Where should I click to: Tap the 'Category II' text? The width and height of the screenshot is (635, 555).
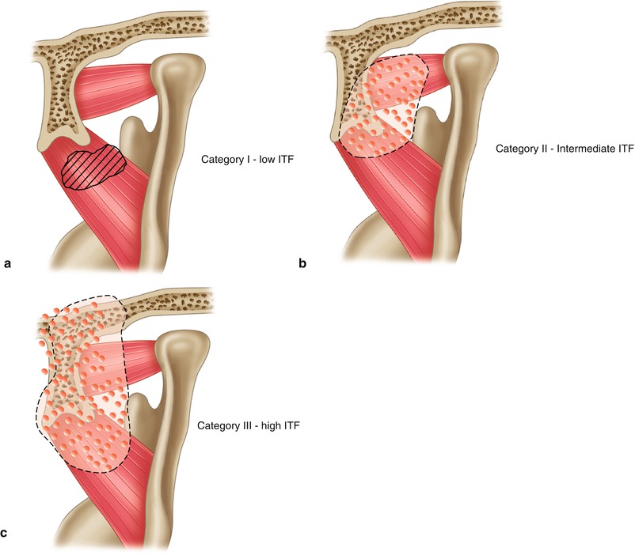click(519, 148)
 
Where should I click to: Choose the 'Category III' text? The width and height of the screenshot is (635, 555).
click(226, 427)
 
